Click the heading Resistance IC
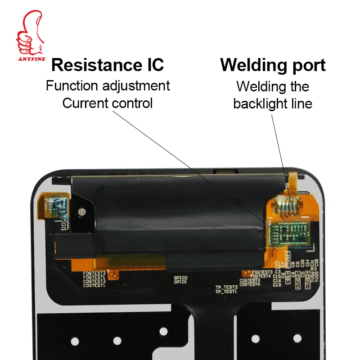point(108,65)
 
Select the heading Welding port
point(273,65)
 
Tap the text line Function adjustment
point(108,85)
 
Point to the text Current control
point(108,103)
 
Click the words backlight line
point(273,103)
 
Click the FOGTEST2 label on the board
point(94,273)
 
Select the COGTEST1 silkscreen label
point(94,285)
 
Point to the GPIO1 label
point(181,283)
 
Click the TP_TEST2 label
point(226,287)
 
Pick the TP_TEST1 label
point(226,292)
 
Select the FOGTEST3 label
point(263,272)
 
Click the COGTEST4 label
point(250,284)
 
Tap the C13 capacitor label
point(277,284)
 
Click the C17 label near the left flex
point(66,228)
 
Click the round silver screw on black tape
point(82,211)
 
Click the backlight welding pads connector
point(286,206)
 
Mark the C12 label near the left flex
point(66,224)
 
